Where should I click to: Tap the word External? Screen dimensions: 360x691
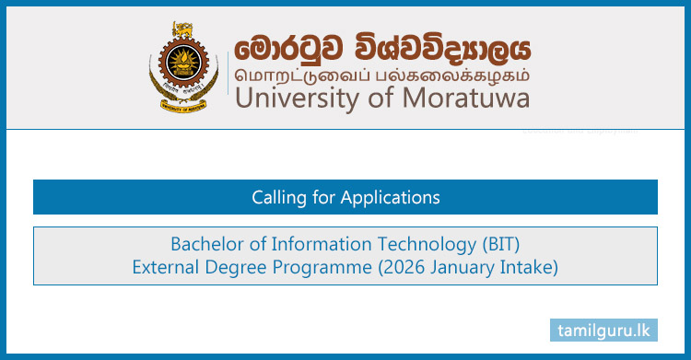165,267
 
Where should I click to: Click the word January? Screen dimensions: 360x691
446,267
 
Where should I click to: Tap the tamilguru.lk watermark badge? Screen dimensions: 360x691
603,329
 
